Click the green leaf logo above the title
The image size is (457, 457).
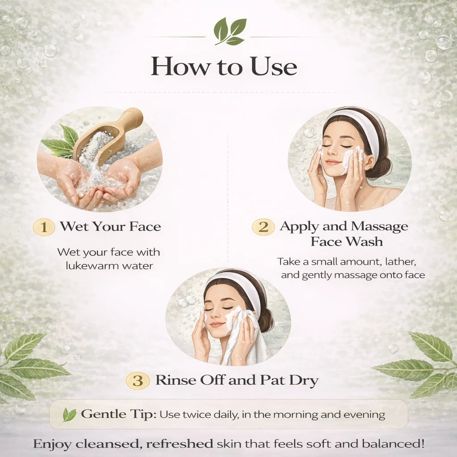[230, 31]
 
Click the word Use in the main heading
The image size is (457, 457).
[274, 66]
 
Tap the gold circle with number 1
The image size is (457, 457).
[44, 227]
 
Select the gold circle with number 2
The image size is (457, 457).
[263, 227]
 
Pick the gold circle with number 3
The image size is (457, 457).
[137, 381]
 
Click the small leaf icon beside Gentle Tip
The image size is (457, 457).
[69, 415]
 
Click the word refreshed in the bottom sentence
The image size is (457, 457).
[179, 444]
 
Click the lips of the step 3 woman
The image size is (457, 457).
[217, 324]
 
